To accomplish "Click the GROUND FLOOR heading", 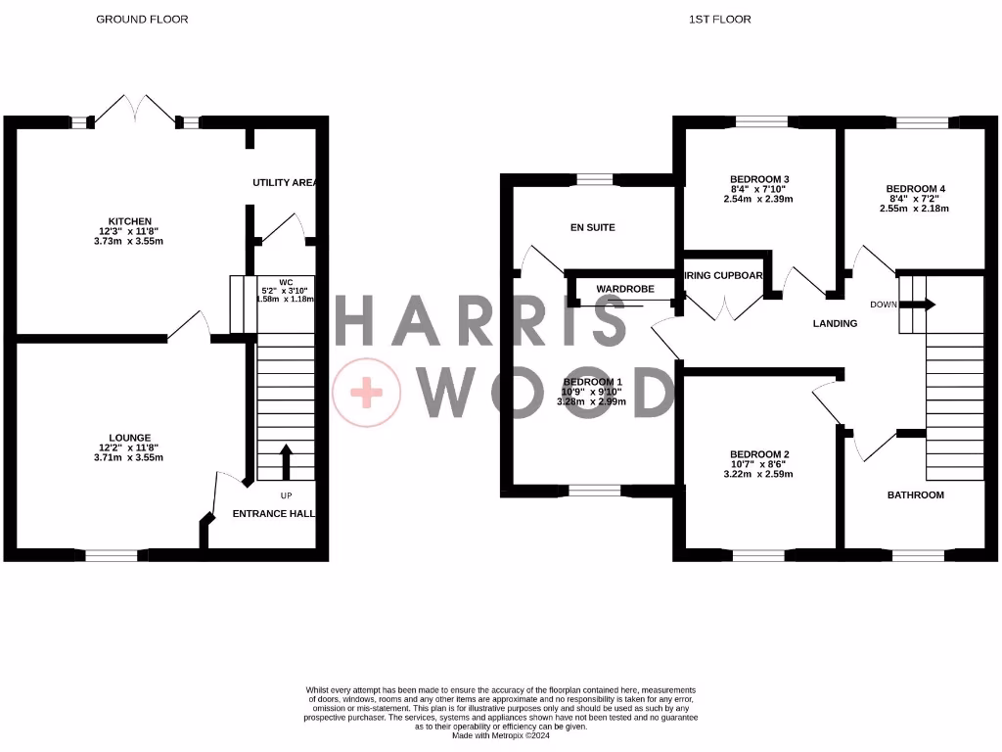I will click(142, 19).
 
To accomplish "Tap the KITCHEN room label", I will click(130, 221).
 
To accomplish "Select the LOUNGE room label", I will click(130, 438).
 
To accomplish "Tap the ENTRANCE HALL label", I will click(273, 513).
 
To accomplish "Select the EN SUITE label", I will click(592, 227).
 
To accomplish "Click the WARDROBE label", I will click(624, 289).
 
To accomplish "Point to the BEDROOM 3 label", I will click(759, 179).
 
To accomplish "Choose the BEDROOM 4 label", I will click(916, 189).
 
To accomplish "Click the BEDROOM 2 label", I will click(759, 454).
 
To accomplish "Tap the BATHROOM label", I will click(915, 495).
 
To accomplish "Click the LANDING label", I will click(836, 323).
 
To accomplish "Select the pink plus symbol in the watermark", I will click(367, 394).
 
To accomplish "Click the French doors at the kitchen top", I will click(137, 108).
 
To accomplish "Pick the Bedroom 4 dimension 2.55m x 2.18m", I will click(915, 209).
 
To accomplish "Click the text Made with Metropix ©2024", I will click(500, 735).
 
